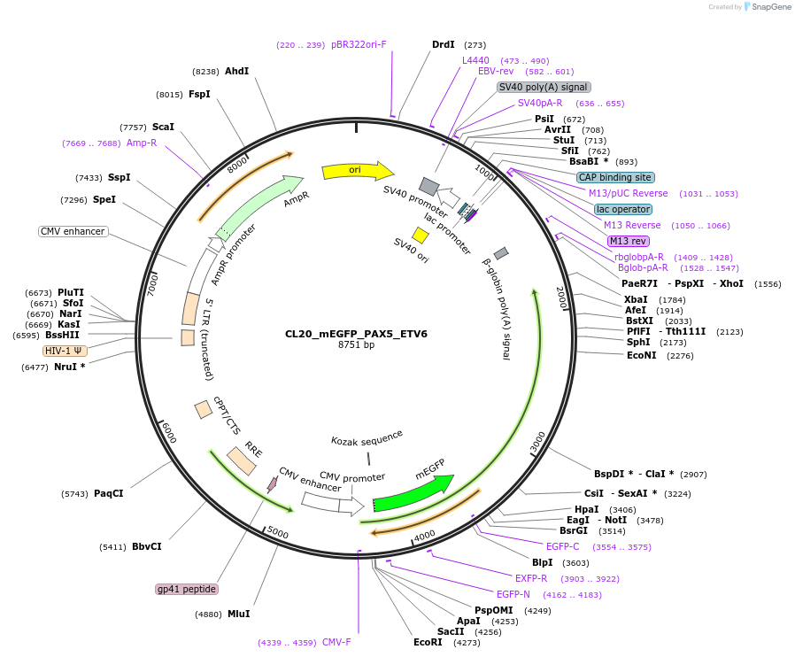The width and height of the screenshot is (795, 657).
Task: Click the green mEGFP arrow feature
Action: point(413,492)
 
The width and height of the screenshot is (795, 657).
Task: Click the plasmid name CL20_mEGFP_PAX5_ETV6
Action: point(356,334)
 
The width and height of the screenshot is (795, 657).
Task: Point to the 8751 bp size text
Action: point(356,345)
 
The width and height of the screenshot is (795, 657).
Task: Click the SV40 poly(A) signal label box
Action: point(544,87)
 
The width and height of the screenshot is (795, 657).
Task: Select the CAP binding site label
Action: point(622,177)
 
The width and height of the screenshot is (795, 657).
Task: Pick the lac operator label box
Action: point(623,209)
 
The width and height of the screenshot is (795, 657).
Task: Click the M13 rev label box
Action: point(629,241)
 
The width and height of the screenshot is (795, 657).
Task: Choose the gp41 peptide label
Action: point(186,589)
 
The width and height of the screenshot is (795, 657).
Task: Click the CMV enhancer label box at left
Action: point(73,231)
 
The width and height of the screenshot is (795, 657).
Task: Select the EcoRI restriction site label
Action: point(428,642)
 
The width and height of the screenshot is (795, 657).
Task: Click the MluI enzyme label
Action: point(238,614)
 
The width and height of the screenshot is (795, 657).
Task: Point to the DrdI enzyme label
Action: point(443,44)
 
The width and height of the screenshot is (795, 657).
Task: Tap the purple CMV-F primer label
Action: point(336,642)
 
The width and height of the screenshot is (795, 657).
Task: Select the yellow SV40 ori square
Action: point(421,236)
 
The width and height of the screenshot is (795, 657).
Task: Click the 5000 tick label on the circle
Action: point(277,533)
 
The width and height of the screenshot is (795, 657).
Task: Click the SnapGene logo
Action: point(768,7)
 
